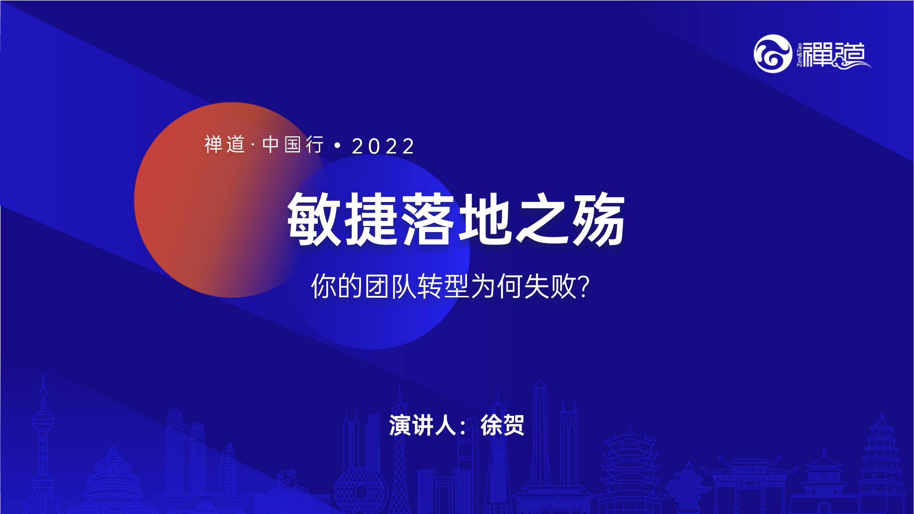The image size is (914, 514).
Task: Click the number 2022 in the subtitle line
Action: coord(383,146)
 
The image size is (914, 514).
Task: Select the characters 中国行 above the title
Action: coord(293,145)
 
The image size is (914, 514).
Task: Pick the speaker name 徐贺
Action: coord(502,425)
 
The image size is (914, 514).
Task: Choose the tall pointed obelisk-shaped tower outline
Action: coord(541,446)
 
